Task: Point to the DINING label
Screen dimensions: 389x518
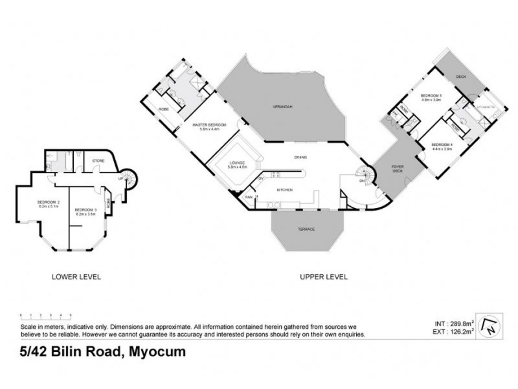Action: (300, 157)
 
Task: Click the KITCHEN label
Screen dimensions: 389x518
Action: (285, 190)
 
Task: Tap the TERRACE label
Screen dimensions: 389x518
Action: (306, 229)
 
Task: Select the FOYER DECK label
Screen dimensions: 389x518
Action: (398, 171)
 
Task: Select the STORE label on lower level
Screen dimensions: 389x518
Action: (98, 159)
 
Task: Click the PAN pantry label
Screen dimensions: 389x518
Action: (248, 196)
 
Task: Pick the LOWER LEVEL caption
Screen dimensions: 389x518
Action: (76, 277)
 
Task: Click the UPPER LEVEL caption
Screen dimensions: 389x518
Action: (323, 277)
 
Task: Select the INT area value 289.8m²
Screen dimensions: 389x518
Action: (462, 322)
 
